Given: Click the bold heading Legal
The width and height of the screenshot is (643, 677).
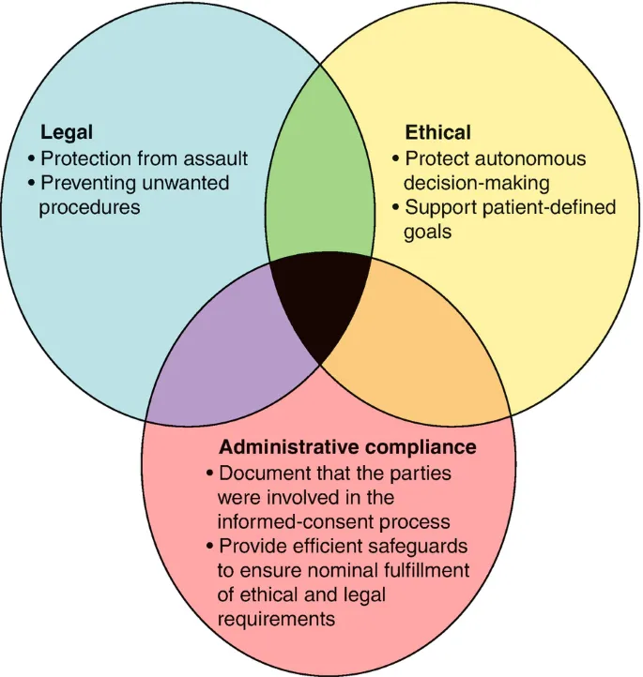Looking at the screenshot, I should click(x=66, y=133).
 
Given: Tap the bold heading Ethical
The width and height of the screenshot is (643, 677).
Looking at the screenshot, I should click(x=437, y=132).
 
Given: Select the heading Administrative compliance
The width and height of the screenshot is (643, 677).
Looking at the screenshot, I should click(x=347, y=447).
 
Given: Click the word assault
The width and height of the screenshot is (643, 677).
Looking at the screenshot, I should click(x=216, y=158).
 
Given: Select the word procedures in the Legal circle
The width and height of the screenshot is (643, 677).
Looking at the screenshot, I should click(x=89, y=206).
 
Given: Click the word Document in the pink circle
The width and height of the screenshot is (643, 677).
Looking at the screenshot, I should click(x=260, y=473).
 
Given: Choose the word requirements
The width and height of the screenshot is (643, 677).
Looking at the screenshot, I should click(x=275, y=619).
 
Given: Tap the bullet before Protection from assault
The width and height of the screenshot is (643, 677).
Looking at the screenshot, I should click(x=33, y=158).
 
